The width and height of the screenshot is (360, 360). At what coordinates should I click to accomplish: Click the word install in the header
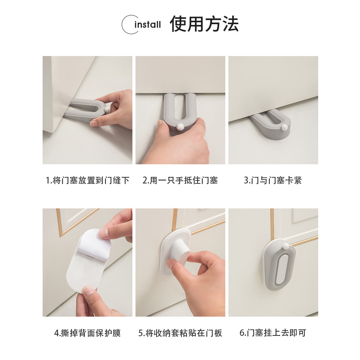(x=148, y=24)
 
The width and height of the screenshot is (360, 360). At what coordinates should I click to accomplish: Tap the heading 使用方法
(x=204, y=24)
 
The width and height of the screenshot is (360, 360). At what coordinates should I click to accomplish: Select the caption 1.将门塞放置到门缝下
(x=88, y=180)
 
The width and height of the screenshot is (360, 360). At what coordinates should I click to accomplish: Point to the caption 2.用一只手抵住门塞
(x=180, y=180)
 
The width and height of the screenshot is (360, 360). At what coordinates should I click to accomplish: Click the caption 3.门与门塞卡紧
(x=273, y=180)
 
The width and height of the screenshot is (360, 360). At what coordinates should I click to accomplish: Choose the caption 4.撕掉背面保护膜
(x=88, y=333)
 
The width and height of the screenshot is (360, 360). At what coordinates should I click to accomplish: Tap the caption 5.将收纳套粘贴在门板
(x=180, y=333)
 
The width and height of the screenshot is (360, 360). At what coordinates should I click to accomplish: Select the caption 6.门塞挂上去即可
(x=273, y=333)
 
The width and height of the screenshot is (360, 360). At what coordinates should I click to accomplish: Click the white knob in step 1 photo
(x=107, y=109)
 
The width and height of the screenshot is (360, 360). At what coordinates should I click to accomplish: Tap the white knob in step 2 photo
(x=180, y=126)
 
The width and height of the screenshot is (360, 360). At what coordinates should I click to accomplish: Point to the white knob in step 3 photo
(x=285, y=127)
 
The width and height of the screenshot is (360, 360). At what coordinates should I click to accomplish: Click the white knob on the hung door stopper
(x=286, y=246)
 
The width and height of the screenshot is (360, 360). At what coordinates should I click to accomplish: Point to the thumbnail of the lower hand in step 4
(x=88, y=291)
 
